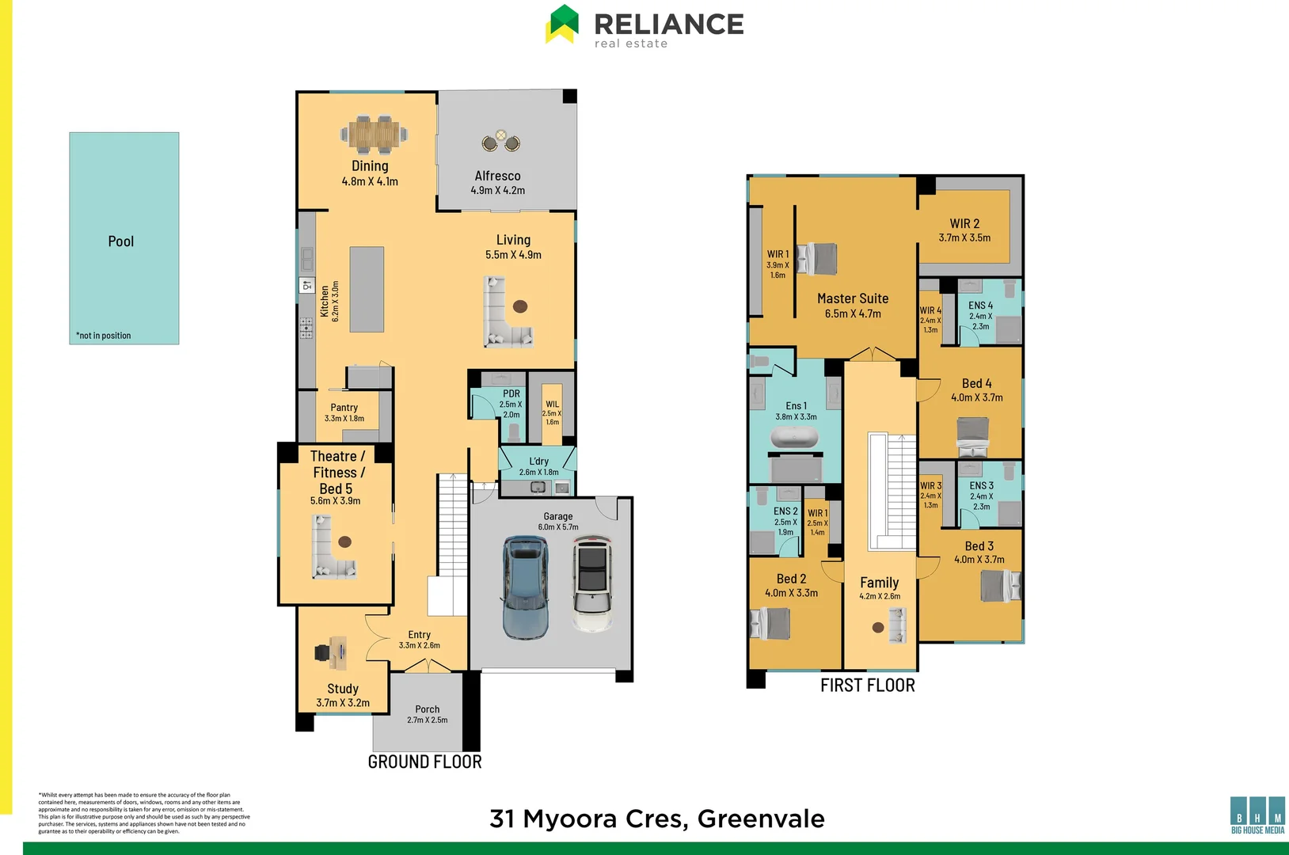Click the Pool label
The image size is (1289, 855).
point(120,241)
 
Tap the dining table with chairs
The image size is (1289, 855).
point(374,135)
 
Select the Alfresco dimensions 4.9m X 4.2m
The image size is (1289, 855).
point(497,190)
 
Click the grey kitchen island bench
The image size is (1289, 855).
point(367,289)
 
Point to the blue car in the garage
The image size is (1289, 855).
point(525,587)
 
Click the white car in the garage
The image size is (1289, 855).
point(592,584)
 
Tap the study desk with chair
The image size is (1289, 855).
point(333,652)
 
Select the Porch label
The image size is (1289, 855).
point(427,709)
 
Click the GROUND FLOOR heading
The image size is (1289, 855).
point(424,762)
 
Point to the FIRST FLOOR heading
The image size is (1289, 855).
point(867,686)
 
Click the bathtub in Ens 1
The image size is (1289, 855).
point(794,438)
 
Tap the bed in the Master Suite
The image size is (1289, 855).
point(817,258)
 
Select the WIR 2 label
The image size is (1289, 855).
point(964,224)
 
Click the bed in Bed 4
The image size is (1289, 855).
point(972,437)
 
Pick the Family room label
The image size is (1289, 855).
point(879,583)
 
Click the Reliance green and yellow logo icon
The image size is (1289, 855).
point(563,24)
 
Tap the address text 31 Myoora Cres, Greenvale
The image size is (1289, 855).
point(657,819)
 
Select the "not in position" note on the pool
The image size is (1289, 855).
point(104,336)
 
